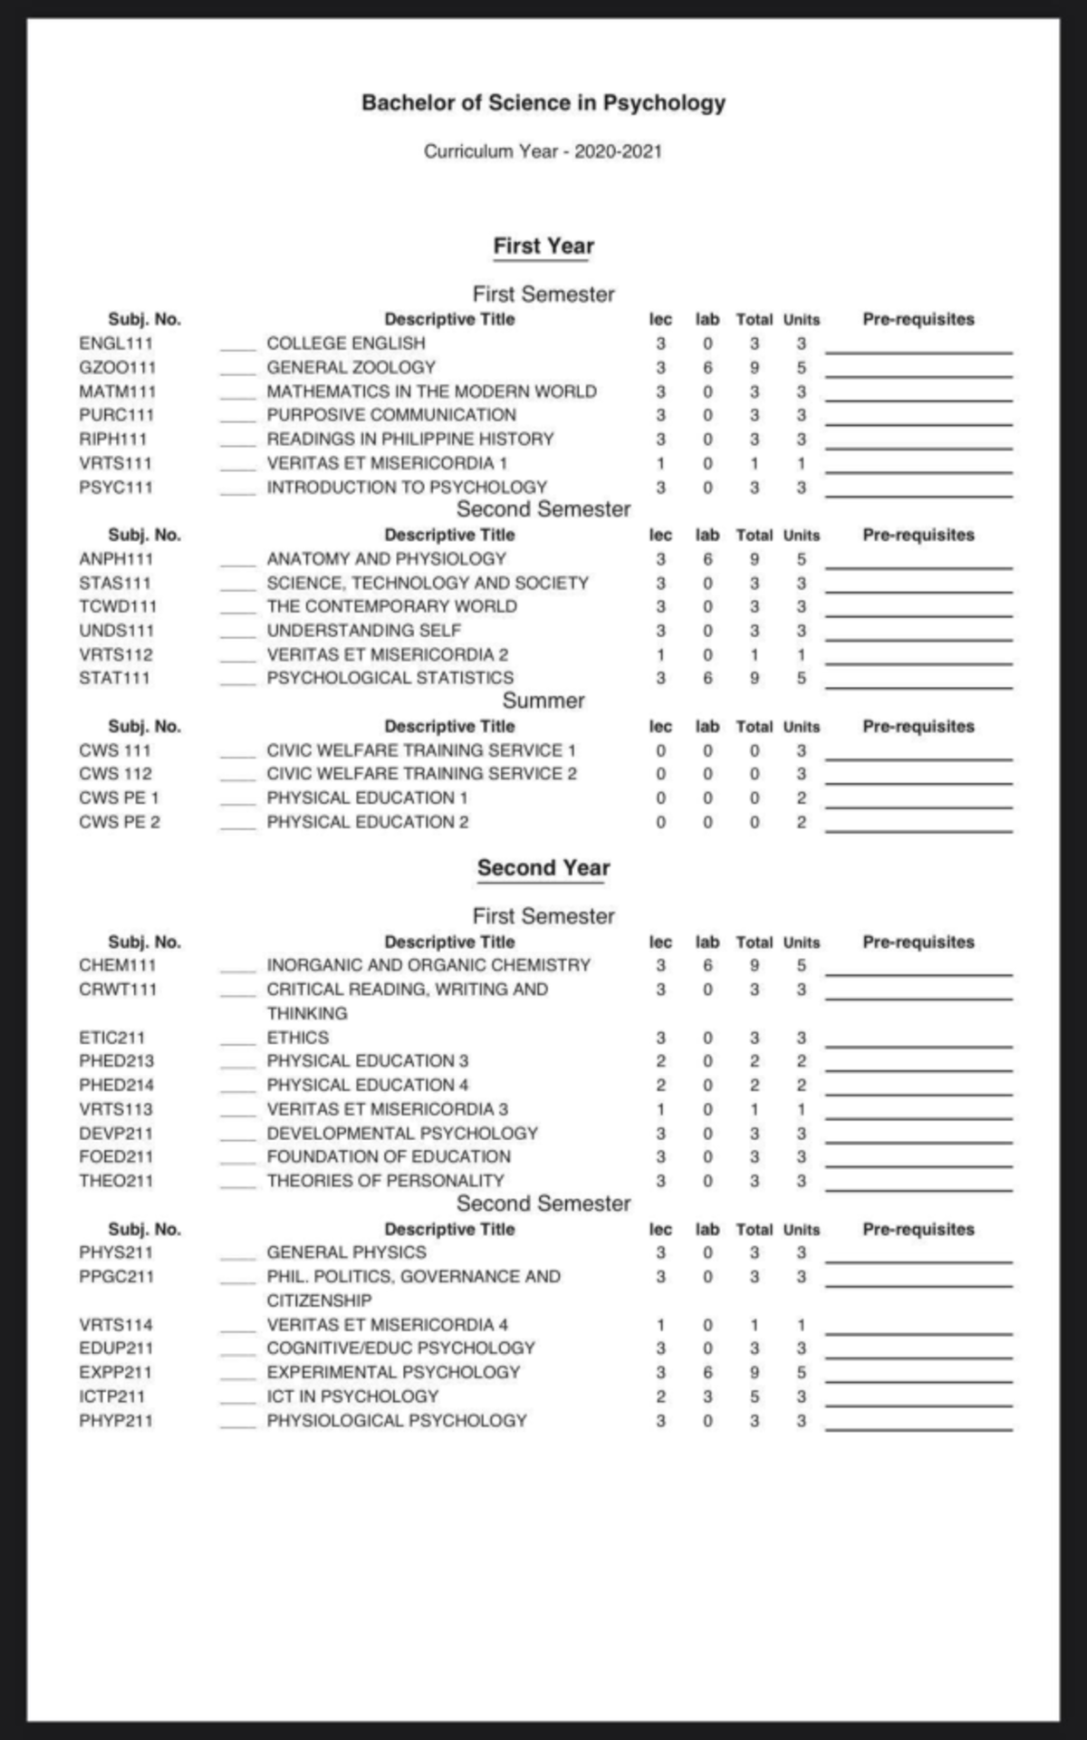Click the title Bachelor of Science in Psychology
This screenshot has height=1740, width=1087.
(x=543, y=102)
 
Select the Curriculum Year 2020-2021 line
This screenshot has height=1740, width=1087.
(x=543, y=151)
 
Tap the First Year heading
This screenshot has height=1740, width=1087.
(x=543, y=246)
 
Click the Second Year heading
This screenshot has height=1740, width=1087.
(x=543, y=867)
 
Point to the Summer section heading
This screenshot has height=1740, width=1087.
(x=543, y=701)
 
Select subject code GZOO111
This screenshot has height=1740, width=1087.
(x=117, y=368)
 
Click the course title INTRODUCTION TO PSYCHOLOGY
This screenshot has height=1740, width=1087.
(x=407, y=488)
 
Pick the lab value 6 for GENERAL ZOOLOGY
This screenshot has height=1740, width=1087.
(x=707, y=368)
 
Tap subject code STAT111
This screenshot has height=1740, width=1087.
(x=114, y=678)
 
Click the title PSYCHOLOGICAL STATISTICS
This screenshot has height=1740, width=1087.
(x=390, y=678)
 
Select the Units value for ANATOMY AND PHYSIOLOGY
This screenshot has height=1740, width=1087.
(x=801, y=559)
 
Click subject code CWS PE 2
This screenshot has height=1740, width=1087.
(x=119, y=822)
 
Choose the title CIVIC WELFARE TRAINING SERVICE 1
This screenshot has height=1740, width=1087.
(x=421, y=750)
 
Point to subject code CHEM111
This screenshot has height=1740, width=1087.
(x=117, y=965)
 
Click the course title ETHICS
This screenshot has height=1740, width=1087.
(x=297, y=1038)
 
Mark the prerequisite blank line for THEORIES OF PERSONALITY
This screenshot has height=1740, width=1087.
(x=919, y=1188)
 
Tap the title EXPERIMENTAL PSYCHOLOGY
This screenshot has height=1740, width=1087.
(x=393, y=1372)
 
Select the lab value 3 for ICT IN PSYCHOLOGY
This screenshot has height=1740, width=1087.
(x=707, y=1397)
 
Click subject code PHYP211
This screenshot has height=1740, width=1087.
(x=116, y=1420)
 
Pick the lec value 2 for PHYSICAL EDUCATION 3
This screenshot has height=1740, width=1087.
(x=660, y=1061)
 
